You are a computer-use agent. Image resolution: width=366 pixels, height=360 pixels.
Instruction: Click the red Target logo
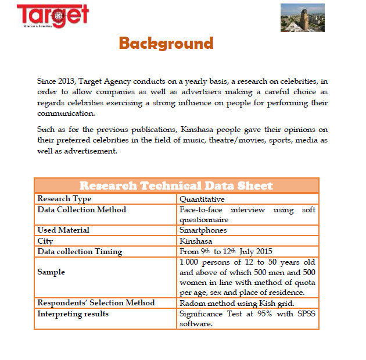[53, 16]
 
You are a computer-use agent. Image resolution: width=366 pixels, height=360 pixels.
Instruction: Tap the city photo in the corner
[302, 17]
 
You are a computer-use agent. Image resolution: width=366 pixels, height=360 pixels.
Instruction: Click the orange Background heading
[166, 43]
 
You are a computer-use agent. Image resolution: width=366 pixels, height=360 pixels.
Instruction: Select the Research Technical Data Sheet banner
[176, 186]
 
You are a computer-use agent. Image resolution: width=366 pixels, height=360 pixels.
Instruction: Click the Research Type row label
[64, 199]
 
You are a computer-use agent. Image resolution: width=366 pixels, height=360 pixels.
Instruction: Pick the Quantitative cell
[202, 199]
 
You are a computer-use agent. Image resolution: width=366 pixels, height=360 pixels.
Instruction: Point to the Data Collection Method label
[82, 209]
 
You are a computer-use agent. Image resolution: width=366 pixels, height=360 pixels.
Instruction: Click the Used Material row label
[63, 230]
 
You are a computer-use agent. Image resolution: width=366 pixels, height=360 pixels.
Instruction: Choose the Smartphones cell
[203, 230]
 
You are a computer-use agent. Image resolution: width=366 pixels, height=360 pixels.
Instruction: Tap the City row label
[45, 241]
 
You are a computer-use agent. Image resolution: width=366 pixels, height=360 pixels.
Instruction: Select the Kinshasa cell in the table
[196, 241]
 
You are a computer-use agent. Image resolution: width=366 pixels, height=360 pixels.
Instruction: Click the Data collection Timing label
[80, 252]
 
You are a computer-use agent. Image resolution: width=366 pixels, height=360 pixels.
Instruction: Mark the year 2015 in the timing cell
[263, 252]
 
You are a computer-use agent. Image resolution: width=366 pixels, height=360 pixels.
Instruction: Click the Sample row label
[51, 272]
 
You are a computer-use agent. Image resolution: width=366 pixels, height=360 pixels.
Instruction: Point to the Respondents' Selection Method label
[96, 303]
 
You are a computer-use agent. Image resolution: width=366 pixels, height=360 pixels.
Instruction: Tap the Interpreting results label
[73, 313]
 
